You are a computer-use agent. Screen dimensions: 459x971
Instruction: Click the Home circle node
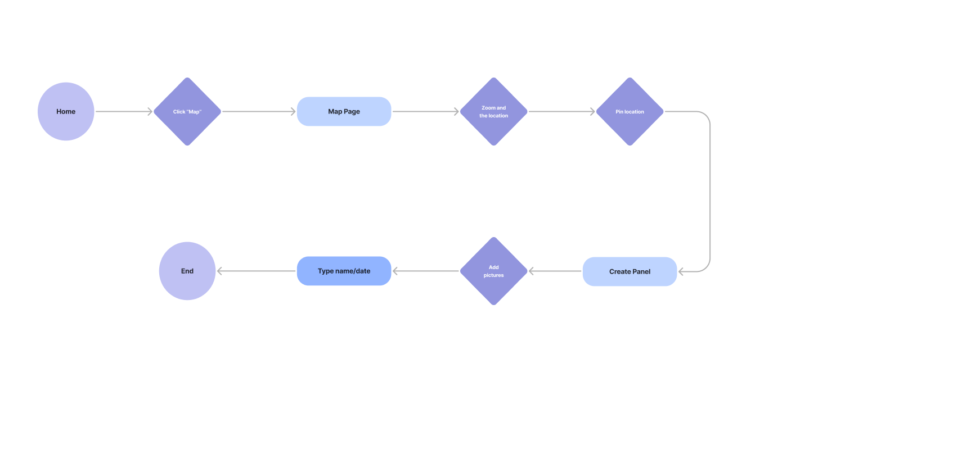click(x=66, y=111)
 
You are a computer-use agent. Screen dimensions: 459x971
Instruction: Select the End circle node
click(x=187, y=271)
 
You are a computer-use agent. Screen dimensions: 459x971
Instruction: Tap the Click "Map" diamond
click(x=187, y=112)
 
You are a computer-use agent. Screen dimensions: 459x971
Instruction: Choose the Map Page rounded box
click(x=344, y=111)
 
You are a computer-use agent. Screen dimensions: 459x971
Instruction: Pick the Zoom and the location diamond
click(x=493, y=112)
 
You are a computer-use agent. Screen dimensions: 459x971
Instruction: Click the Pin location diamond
click(x=630, y=112)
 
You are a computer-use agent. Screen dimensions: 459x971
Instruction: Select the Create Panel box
click(x=630, y=271)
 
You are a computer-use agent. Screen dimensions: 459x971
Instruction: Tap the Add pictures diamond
click(x=493, y=271)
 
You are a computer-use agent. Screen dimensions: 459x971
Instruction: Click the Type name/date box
click(x=344, y=271)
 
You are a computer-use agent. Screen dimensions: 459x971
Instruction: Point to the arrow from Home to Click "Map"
click(x=124, y=111)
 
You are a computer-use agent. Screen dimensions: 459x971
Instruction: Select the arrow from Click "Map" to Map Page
click(x=259, y=111)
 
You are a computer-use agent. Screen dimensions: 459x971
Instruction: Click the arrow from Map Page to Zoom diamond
click(x=425, y=111)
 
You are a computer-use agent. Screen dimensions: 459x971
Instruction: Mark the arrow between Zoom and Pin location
click(x=561, y=111)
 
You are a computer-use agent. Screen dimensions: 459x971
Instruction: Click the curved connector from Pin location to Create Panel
click(x=711, y=191)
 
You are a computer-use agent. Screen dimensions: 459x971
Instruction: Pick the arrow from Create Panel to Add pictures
click(x=555, y=271)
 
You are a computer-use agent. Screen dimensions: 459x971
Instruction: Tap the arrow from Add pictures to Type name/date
click(x=425, y=271)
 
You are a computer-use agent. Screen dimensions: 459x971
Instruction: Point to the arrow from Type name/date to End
click(x=256, y=271)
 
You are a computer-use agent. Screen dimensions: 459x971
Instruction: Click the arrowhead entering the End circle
click(x=219, y=271)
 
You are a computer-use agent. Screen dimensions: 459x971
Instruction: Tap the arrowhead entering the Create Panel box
click(x=681, y=271)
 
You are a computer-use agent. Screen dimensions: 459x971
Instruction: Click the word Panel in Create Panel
click(x=641, y=271)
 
